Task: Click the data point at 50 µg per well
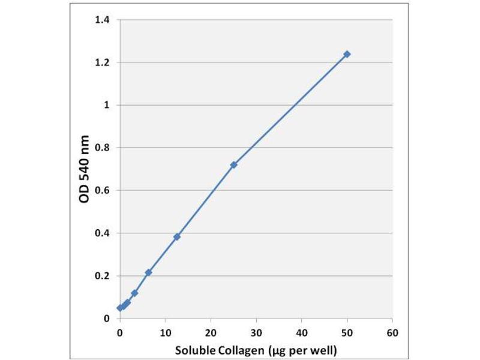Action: (x=347, y=54)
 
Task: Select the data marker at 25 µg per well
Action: (x=233, y=164)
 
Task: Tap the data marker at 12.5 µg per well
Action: (x=177, y=237)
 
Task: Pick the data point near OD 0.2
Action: (x=148, y=272)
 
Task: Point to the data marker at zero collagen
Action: (x=120, y=308)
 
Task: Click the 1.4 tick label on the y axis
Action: (x=103, y=20)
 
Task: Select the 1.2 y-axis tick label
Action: (x=103, y=62)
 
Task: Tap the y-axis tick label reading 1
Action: (x=107, y=105)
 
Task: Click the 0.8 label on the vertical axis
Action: (x=103, y=148)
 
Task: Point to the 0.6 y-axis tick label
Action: (x=103, y=190)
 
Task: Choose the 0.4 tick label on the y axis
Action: (x=103, y=233)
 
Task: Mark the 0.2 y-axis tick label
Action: (x=103, y=275)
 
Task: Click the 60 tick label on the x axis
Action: (x=392, y=331)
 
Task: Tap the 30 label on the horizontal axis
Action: (x=256, y=331)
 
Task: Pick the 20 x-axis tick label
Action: (x=211, y=331)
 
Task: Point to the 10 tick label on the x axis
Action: (x=165, y=331)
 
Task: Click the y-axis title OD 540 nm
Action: (x=85, y=169)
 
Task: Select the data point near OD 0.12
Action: (x=134, y=293)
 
